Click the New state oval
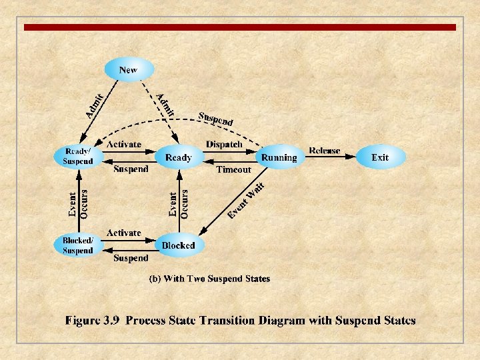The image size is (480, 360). click(x=129, y=69)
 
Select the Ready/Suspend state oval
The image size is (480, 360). click(x=78, y=157)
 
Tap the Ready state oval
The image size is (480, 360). click(x=178, y=157)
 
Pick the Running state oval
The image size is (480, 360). click(x=279, y=157)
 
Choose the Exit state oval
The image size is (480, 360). click(x=380, y=157)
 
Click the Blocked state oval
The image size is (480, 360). click(x=179, y=245)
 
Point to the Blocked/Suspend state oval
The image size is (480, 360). click(x=78, y=245)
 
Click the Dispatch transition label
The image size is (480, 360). click(x=224, y=144)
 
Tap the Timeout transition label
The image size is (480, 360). click(x=233, y=170)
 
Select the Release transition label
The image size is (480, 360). click(x=325, y=151)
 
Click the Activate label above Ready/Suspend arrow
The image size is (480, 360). click(x=123, y=144)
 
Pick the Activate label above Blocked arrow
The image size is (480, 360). click(x=123, y=233)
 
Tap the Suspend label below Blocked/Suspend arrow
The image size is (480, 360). click(x=131, y=258)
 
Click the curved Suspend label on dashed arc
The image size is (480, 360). click(x=215, y=118)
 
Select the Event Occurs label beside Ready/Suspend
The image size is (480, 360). click(x=78, y=203)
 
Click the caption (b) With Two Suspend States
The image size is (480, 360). click(x=209, y=279)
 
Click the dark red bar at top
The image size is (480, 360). click(x=240, y=27)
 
